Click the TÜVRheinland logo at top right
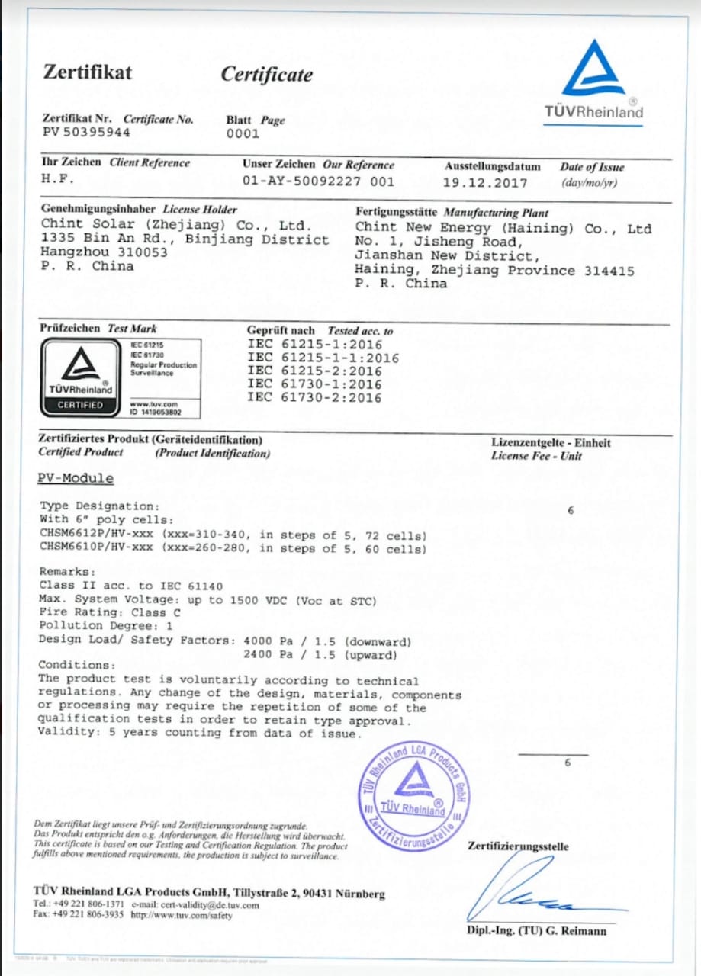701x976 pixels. click(x=593, y=80)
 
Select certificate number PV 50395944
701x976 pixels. click(x=85, y=133)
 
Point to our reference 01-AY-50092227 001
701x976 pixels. click(x=318, y=181)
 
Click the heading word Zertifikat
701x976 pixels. click(x=87, y=72)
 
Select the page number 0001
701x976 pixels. click(x=243, y=133)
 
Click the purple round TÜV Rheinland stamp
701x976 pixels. click(x=415, y=795)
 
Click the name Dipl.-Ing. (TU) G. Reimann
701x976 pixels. click(x=537, y=931)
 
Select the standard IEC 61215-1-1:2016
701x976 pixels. click(x=323, y=358)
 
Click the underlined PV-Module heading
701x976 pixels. click(x=76, y=479)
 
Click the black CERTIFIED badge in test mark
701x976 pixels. click(x=80, y=405)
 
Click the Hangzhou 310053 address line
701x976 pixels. click(x=104, y=252)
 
